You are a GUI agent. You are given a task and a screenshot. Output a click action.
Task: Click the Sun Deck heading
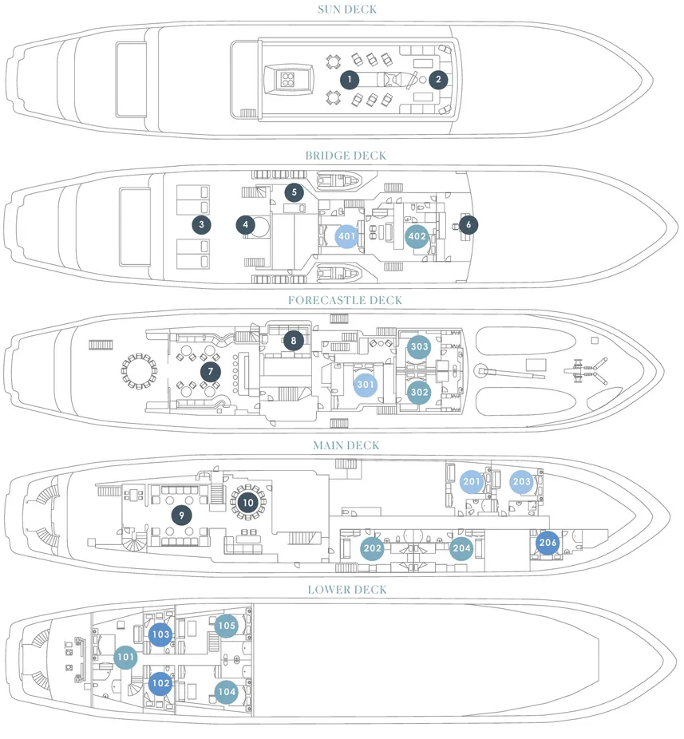click(346, 10)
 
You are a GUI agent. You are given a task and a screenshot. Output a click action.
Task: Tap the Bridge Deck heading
click(346, 156)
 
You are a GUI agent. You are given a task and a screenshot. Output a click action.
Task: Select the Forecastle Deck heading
click(346, 300)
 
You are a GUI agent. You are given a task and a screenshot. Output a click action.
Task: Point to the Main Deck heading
click(346, 445)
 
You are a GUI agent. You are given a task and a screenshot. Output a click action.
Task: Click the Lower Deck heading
click(347, 590)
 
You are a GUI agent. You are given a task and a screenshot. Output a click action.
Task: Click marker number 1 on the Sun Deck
click(348, 80)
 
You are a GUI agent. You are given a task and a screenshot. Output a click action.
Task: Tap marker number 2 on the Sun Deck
click(437, 80)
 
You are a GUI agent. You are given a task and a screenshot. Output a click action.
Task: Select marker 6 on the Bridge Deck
click(467, 225)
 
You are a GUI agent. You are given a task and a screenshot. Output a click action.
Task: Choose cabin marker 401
click(346, 237)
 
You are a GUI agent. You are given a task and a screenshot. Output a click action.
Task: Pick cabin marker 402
click(416, 237)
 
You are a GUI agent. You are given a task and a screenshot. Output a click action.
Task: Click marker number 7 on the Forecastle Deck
click(210, 372)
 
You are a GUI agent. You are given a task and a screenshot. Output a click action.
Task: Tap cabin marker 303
click(419, 347)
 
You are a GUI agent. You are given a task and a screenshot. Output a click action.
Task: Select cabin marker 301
click(366, 385)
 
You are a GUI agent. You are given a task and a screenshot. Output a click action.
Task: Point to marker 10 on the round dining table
click(247, 503)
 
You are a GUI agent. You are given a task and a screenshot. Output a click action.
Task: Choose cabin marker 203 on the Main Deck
click(522, 482)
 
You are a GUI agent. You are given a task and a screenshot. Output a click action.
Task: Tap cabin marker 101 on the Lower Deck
click(125, 658)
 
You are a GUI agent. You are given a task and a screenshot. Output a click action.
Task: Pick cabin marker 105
click(227, 626)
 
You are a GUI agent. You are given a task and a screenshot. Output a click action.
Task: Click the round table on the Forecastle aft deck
click(139, 371)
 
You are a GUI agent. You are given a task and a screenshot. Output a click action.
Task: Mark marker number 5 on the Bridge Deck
click(295, 192)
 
